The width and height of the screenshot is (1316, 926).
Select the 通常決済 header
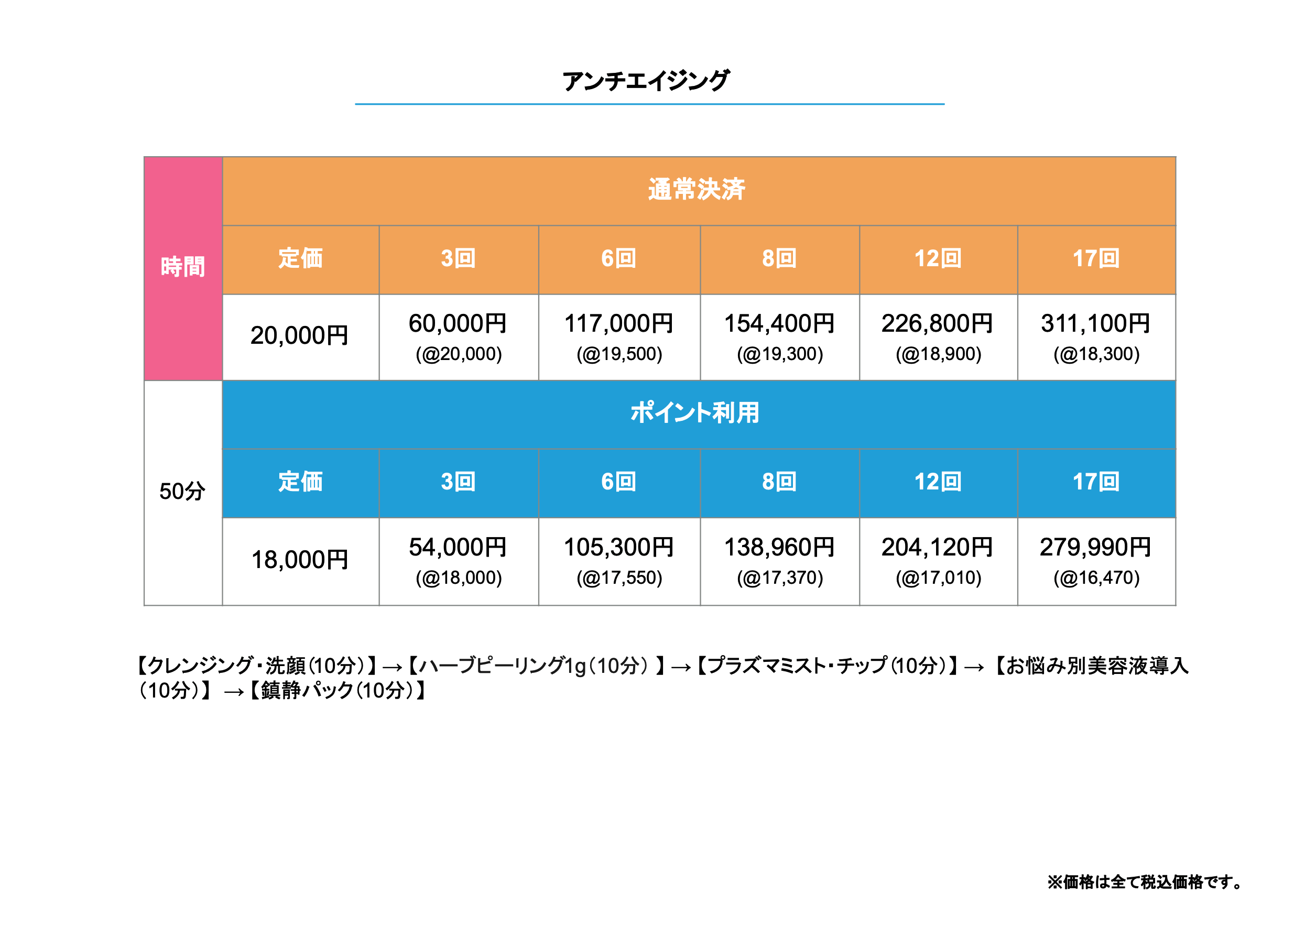(696, 190)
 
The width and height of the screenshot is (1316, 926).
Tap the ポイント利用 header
(694, 412)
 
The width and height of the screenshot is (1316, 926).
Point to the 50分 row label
(182, 491)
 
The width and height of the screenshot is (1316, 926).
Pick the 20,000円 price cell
(300, 336)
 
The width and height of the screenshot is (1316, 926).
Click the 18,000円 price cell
(300, 560)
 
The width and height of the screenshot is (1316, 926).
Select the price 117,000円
(618, 324)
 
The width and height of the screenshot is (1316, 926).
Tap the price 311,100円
(1095, 324)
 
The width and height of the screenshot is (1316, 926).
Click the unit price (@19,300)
(779, 354)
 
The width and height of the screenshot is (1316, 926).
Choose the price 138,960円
(779, 547)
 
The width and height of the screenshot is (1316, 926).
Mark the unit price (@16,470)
(1096, 578)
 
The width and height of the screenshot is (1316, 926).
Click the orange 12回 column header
(938, 259)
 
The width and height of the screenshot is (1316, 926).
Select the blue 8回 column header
(779, 482)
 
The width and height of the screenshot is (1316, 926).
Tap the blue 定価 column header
(300, 482)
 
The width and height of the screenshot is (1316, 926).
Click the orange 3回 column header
(458, 259)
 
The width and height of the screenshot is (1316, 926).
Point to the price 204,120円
(937, 547)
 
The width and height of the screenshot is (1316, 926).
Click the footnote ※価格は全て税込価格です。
(1145, 882)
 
